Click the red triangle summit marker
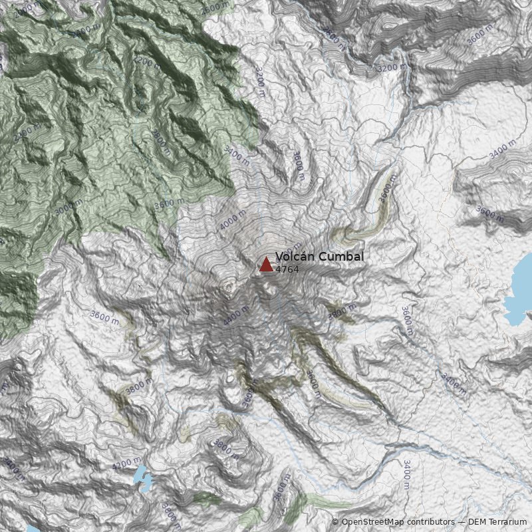[266, 265]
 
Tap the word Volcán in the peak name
[294, 257]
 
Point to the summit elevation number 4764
[287, 270]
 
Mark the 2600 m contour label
[215, 7]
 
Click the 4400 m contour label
[236, 315]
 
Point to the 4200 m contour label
[127, 464]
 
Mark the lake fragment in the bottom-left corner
[32, 529]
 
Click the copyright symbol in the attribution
[336, 522]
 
